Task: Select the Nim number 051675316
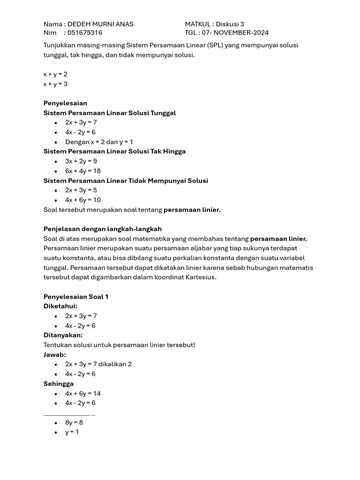[x=85, y=33]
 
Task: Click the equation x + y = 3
[x=55, y=84]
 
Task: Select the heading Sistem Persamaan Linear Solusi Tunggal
[x=110, y=113]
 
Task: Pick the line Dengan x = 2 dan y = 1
[x=99, y=142]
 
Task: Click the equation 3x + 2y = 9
[x=81, y=161]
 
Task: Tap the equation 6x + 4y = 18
[x=83, y=171]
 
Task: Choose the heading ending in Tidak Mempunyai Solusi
[x=126, y=181]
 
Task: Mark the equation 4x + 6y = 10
[x=83, y=200]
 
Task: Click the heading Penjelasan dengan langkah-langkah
[x=103, y=229]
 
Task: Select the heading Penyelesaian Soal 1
[x=76, y=297]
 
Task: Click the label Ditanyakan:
[x=63, y=335]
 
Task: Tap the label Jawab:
[x=55, y=355]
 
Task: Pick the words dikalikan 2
[x=115, y=364]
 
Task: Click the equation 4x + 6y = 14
[x=83, y=393]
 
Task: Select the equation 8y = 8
[x=74, y=422]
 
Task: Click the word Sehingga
[x=59, y=384]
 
